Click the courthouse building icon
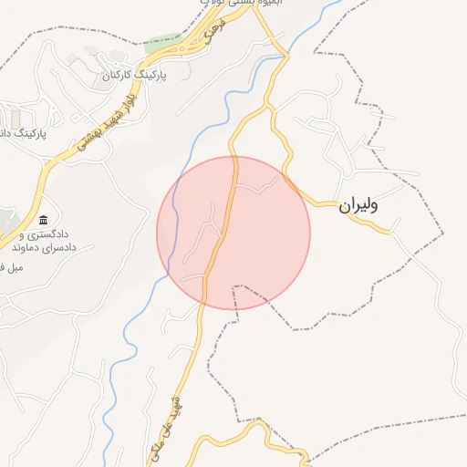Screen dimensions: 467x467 (x=44, y=220)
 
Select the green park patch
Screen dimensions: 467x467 (x=162, y=42)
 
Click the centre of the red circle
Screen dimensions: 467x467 (x=233, y=233)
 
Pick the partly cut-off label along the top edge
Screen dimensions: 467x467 (x=239, y=4)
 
